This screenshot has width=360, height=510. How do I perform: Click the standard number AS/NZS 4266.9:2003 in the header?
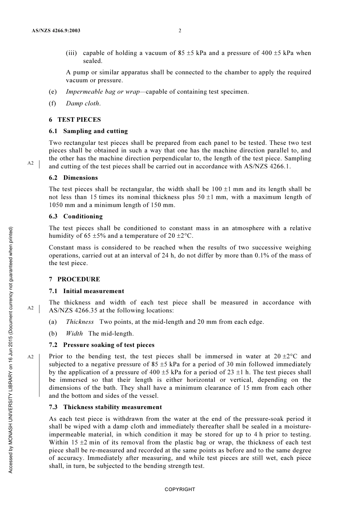coord(56,31)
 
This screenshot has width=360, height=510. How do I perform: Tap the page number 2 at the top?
coord(180,31)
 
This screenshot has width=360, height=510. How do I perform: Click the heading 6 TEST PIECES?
coord(75,120)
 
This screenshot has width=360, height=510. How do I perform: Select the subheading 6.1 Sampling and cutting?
coord(88,131)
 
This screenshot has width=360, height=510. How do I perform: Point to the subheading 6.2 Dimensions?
coord(73,178)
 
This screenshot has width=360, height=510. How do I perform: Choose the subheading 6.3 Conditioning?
coord(76,217)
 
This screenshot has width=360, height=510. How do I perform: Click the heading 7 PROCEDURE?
coord(75,279)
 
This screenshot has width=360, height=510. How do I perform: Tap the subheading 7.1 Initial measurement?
coord(86,291)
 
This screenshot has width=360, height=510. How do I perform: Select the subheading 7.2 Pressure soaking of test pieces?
coord(102,345)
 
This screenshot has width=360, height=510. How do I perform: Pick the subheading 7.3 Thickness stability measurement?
coord(105,407)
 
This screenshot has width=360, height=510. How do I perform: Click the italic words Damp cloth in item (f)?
coord(83,104)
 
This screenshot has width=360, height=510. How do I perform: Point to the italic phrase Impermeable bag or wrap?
coord(103,92)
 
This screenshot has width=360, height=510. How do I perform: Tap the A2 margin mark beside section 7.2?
coord(31,357)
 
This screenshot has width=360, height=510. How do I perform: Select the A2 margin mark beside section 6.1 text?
coord(31,163)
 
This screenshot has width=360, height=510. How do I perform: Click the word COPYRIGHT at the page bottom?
coord(180,490)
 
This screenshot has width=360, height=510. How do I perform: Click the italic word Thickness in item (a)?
coord(80,322)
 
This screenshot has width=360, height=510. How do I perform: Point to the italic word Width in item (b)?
coord(74,334)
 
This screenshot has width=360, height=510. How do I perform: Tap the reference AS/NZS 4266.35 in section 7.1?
coord(73,311)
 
